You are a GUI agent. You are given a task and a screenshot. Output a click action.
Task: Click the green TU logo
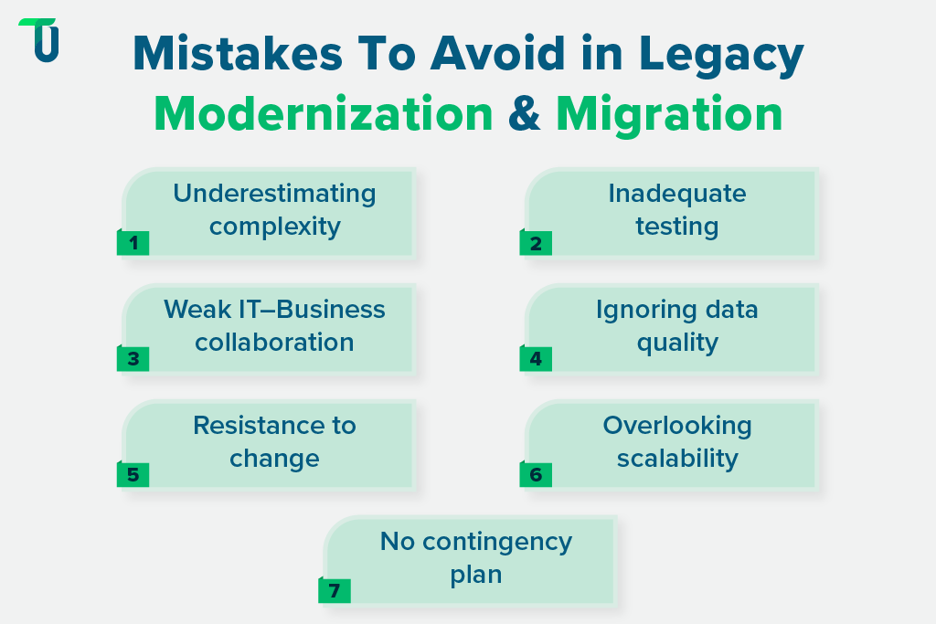tap(39, 40)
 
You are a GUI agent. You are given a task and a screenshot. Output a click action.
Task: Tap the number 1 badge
tap(133, 243)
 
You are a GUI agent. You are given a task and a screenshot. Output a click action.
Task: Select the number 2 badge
tap(536, 243)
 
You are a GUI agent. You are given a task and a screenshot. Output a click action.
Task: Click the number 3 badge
tap(133, 359)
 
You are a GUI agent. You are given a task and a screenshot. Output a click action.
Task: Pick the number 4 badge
tap(536, 359)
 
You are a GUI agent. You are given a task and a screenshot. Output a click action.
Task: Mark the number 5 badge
tap(133, 475)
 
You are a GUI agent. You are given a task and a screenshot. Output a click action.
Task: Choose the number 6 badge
tap(536, 475)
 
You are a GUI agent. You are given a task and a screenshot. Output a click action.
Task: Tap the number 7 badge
tap(335, 591)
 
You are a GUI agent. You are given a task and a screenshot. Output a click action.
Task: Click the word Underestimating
tap(274, 194)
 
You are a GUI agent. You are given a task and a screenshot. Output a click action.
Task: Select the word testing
tap(676, 226)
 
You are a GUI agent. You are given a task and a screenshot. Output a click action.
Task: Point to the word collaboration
tap(274, 342)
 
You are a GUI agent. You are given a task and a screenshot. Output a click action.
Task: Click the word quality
tap(676, 342)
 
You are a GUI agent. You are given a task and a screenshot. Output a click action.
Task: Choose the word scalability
tap(676, 458)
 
